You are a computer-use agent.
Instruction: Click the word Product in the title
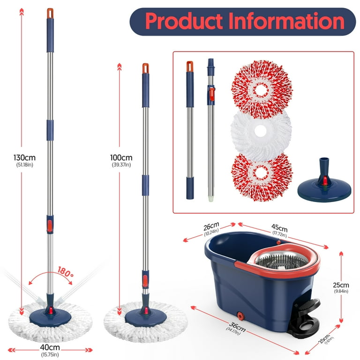tap(184, 21)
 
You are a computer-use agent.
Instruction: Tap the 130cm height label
tap(24, 157)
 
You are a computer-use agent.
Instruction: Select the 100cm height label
tap(121, 157)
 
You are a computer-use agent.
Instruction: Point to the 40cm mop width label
tap(50, 347)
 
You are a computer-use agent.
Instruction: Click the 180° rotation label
tap(66, 271)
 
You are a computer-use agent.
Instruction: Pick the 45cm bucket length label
tap(279, 228)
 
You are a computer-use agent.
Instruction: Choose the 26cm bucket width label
tap(211, 226)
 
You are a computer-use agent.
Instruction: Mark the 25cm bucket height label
tap(341, 285)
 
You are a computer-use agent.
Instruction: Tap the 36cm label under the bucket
tap(237, 327)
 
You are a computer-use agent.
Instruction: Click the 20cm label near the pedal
tap(324, 339)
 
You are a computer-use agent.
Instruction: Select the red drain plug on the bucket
tap(240, 315)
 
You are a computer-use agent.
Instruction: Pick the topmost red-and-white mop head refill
tap(262, 89)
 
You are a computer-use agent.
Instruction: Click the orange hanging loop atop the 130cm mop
tap(50, 13)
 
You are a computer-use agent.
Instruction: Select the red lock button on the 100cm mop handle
tap(145, 281)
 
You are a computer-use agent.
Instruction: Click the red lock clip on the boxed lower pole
tap(211, 94)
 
